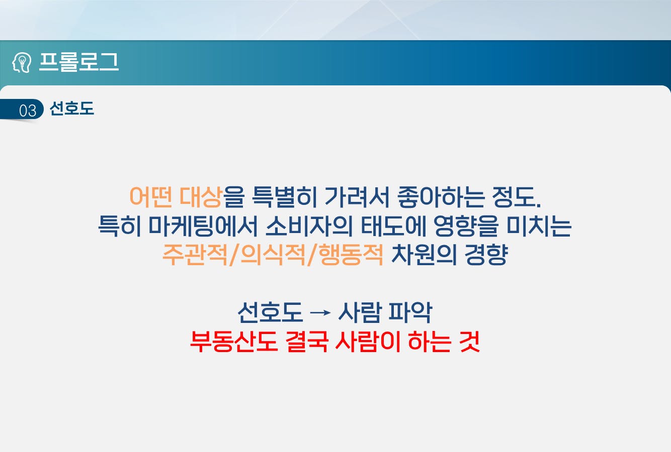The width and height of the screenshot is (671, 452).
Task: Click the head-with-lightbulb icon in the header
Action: click(22, 62)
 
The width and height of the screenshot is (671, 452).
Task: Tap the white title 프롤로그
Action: click(79, 62)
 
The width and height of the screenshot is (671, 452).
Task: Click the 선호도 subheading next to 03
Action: click(72, 108)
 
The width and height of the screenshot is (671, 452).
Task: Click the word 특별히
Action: click(284, 197)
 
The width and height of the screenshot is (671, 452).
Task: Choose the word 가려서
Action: click(357, 197)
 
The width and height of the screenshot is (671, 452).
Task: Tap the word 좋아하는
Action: click(441, 197)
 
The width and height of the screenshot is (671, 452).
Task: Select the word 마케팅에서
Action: click(203, 226)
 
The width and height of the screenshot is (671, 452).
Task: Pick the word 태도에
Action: click(393, 226)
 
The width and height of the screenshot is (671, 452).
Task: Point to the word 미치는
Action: click(539, 226)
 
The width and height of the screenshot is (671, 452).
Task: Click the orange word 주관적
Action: click(195, 255)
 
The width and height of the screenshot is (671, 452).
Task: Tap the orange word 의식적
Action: click(273, 255)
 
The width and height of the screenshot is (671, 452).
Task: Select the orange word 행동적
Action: click(351, 255)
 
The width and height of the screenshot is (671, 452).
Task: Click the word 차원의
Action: click(424, 255)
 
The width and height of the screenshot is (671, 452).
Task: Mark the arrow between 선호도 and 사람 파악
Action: click(320, 313)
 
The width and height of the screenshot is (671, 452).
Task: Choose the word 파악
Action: click(410, 312)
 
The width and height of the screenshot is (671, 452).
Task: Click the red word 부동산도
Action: click(234, 342)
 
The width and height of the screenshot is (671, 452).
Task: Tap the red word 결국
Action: click(307, 342)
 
